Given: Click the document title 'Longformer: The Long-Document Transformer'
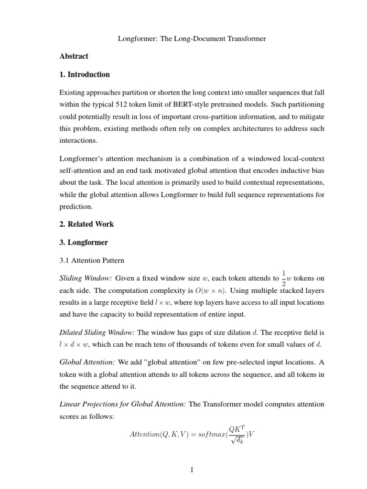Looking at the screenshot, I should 192,39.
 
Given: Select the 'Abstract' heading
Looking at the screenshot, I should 74,56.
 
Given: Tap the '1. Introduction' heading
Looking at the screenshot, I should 85,74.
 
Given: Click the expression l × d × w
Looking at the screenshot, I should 75,344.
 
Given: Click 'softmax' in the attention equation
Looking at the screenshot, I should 208,435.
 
